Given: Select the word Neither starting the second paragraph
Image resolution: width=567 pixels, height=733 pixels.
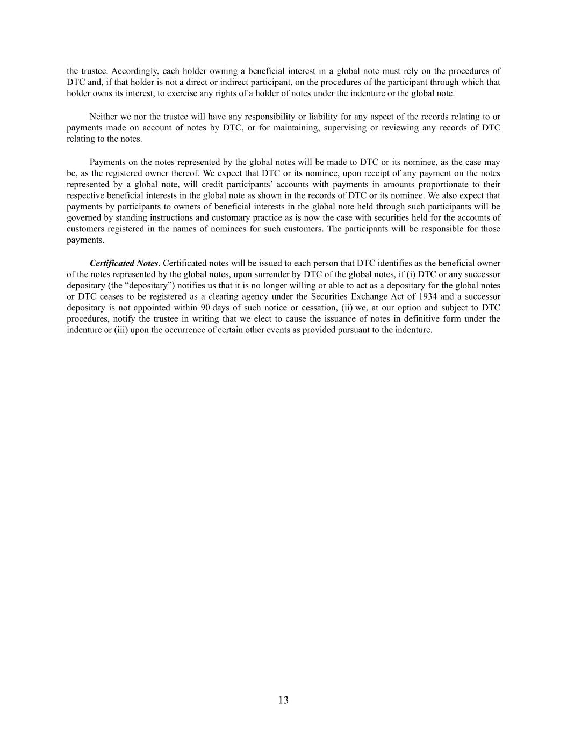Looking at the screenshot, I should [x=103, y=117].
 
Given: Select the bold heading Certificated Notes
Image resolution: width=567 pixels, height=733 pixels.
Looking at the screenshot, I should [x=124, y=263].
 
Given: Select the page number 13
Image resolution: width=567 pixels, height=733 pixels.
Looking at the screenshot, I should [x=284, y=700].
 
